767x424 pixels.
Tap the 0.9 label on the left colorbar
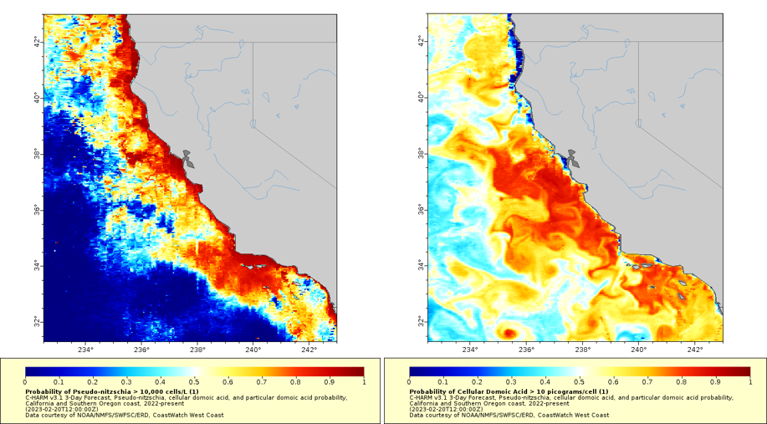point(330,381)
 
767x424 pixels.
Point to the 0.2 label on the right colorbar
point(478,381)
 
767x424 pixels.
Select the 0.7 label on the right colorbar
point(647,381)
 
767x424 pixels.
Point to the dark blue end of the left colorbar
point(30,371)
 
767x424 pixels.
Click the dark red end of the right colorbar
point(745,371)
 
